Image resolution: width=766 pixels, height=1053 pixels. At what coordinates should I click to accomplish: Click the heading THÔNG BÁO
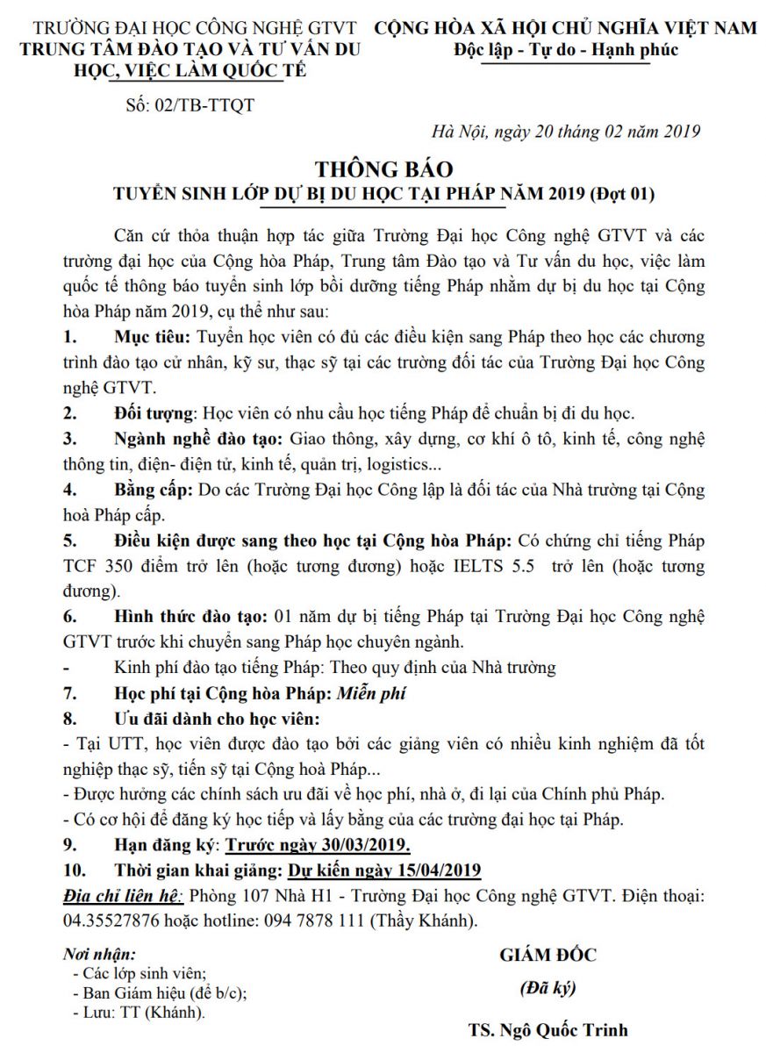[x=383, y=168]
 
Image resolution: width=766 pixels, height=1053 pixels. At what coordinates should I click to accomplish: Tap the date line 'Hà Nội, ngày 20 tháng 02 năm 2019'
[x=566, y=132]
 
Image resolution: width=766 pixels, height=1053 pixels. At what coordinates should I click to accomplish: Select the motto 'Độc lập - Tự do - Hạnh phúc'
[x=566, y=50]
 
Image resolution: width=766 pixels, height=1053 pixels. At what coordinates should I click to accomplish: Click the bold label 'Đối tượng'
[x=156, y=413]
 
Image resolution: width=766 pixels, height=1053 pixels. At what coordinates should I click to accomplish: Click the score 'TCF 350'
[x=97, y=566]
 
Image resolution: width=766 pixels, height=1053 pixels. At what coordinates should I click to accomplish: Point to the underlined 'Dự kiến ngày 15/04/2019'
[x=384, y=871]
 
